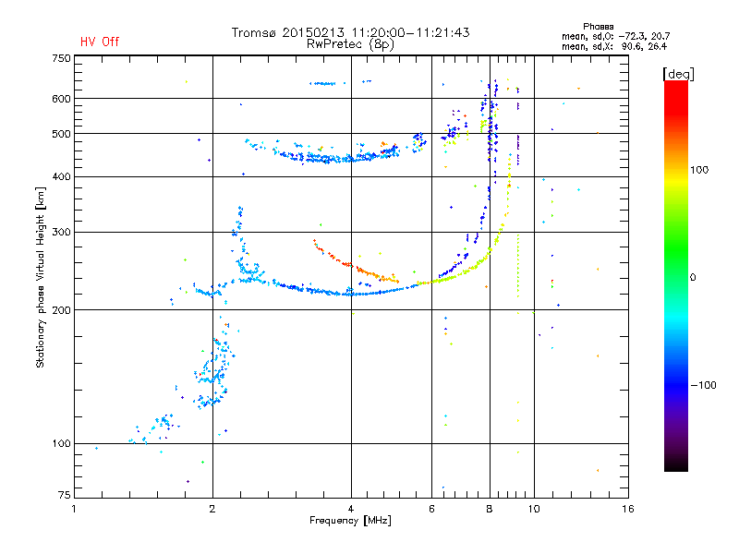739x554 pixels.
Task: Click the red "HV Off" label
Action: (x=100, y=42)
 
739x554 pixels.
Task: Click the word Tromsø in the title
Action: (x=253, y=32)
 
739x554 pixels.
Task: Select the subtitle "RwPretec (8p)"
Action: (x=350, y=44)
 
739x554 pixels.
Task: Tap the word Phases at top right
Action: (x=598, y=27)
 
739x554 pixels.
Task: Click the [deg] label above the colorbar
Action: (x=678, y=74)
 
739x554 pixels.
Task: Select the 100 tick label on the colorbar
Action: (x=699, y=170)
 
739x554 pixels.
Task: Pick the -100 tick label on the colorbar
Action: (x=703, y=385)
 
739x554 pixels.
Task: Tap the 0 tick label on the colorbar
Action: (x=693, y=277)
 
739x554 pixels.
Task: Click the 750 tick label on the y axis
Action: (x=61, y=58)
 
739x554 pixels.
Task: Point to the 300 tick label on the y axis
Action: (x=61, y=232)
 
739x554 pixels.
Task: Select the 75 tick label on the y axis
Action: (x=65, y=495)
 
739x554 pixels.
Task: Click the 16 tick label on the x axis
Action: (x=628, y=509)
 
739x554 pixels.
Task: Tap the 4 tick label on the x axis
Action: (x=351, y=509)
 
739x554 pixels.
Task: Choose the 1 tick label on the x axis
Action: (x=74, y=509)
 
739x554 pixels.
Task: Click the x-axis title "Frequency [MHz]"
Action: (x=350, y=521)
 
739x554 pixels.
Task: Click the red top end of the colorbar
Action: (x=676, y=82)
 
